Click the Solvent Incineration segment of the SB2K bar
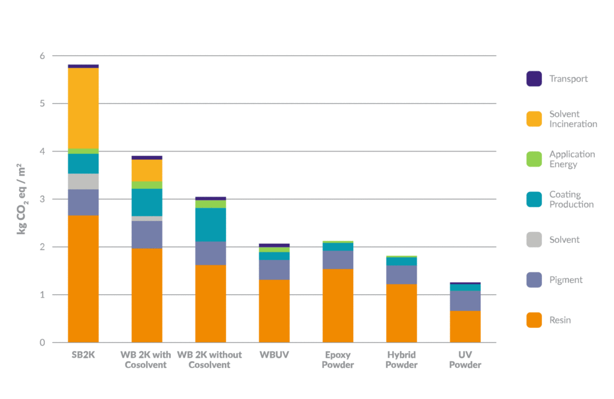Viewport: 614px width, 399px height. [x=83, y=108]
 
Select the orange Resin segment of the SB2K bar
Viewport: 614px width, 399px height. [x=83, y=279]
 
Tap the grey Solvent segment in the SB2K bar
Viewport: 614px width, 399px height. [x=83, y=182]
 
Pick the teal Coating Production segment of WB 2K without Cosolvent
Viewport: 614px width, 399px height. [x=210, y=225]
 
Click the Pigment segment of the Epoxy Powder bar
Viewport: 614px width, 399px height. [x=338, y=259]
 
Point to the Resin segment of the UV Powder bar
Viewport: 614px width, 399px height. [x=465, y=327]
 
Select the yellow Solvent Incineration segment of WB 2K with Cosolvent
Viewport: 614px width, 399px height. [x=147, y=170]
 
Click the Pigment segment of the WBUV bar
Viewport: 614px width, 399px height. [x=274, y=270]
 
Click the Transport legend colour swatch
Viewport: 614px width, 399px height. [x=534, y=79]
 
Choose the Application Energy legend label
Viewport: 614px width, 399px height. [x=572, y=159]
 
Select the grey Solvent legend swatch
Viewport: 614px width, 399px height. [x=534, y=240]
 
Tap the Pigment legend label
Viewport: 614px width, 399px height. [x=565, y=280]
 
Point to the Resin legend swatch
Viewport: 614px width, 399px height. [x=534, y=320]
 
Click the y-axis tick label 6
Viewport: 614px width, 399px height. [x=43, y=56]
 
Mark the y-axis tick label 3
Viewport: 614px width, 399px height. [x=43, y=199]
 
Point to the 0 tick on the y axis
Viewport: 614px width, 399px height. [x=43, y=343]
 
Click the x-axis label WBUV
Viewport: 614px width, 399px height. [x=274, y=355]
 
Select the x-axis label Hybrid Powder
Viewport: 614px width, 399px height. [x=401, y=359]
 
